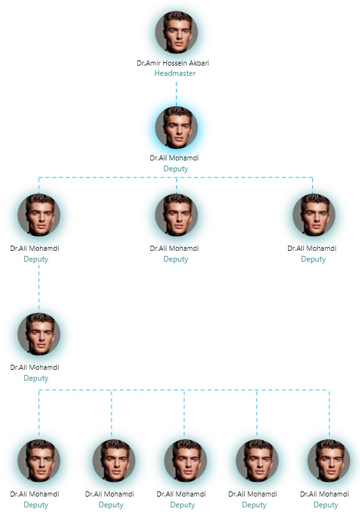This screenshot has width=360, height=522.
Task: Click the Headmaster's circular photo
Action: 176,32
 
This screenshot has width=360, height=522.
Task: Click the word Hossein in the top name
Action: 175,63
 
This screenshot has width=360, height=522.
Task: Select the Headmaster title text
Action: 175,73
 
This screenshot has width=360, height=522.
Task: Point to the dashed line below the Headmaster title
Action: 176,94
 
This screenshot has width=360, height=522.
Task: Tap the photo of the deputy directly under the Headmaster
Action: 176,127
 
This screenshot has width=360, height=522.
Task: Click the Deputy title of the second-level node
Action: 176,169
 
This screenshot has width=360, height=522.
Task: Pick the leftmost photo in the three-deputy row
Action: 39,215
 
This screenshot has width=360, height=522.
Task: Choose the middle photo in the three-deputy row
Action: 176,215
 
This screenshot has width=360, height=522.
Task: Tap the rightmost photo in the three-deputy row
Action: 313,215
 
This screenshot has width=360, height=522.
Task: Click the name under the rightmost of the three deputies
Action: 312,248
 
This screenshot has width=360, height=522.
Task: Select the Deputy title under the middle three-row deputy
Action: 176,259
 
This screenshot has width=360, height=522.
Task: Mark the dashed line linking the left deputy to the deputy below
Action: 39,288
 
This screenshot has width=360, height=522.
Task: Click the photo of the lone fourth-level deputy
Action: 39,334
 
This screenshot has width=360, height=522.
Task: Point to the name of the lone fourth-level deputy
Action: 34,367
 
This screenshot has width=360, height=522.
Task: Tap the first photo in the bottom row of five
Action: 39,460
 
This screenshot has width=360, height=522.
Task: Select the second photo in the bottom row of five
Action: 114,460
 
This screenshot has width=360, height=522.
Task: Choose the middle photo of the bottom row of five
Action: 185,460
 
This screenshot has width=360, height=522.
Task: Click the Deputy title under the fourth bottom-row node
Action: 254,505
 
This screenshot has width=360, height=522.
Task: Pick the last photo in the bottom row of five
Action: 329,460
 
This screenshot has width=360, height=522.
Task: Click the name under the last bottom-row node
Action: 324,494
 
